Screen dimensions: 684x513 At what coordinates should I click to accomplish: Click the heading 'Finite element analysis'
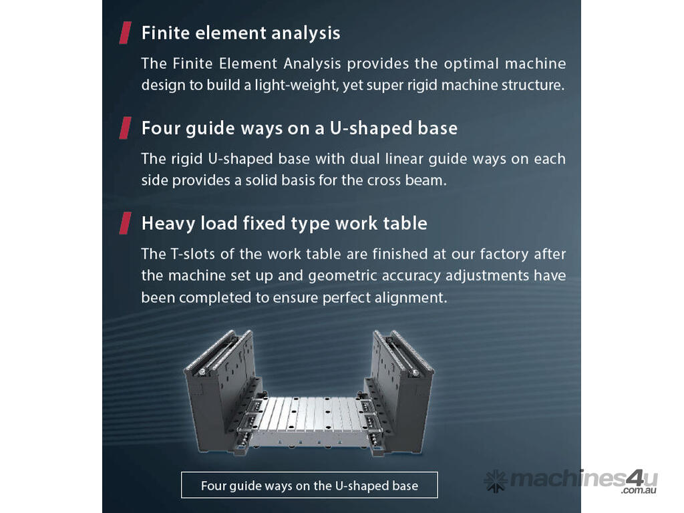tap(240, 33)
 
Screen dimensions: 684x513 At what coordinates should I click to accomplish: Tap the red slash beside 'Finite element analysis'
tap(125, 33)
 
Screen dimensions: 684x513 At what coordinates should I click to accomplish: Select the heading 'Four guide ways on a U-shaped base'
tap(299, 128)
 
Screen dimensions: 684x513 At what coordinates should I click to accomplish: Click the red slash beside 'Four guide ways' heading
tap(125, 128)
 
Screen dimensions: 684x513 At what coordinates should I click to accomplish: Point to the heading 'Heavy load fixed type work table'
tap(284, 223)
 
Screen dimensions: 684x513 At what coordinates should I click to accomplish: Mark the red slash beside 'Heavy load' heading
tap(125, 223)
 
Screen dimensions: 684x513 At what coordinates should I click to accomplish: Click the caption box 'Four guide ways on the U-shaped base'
tap(309, 485)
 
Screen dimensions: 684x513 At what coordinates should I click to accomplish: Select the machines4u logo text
tap(570, 479)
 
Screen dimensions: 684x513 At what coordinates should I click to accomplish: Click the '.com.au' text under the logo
tap(639, 490)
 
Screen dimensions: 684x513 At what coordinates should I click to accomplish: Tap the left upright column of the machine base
tap(222, 388)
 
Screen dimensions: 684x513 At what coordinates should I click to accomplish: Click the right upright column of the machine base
tap(400, 388)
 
